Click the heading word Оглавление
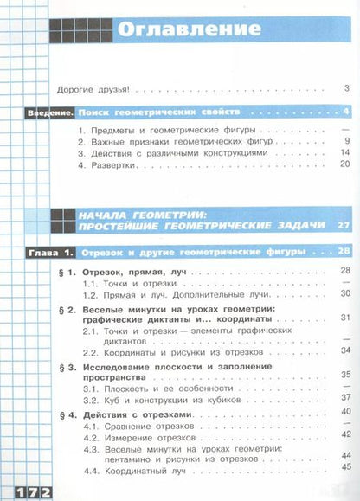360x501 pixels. [188, 29]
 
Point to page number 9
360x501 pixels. [344, 140]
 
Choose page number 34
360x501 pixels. [343, 351]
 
